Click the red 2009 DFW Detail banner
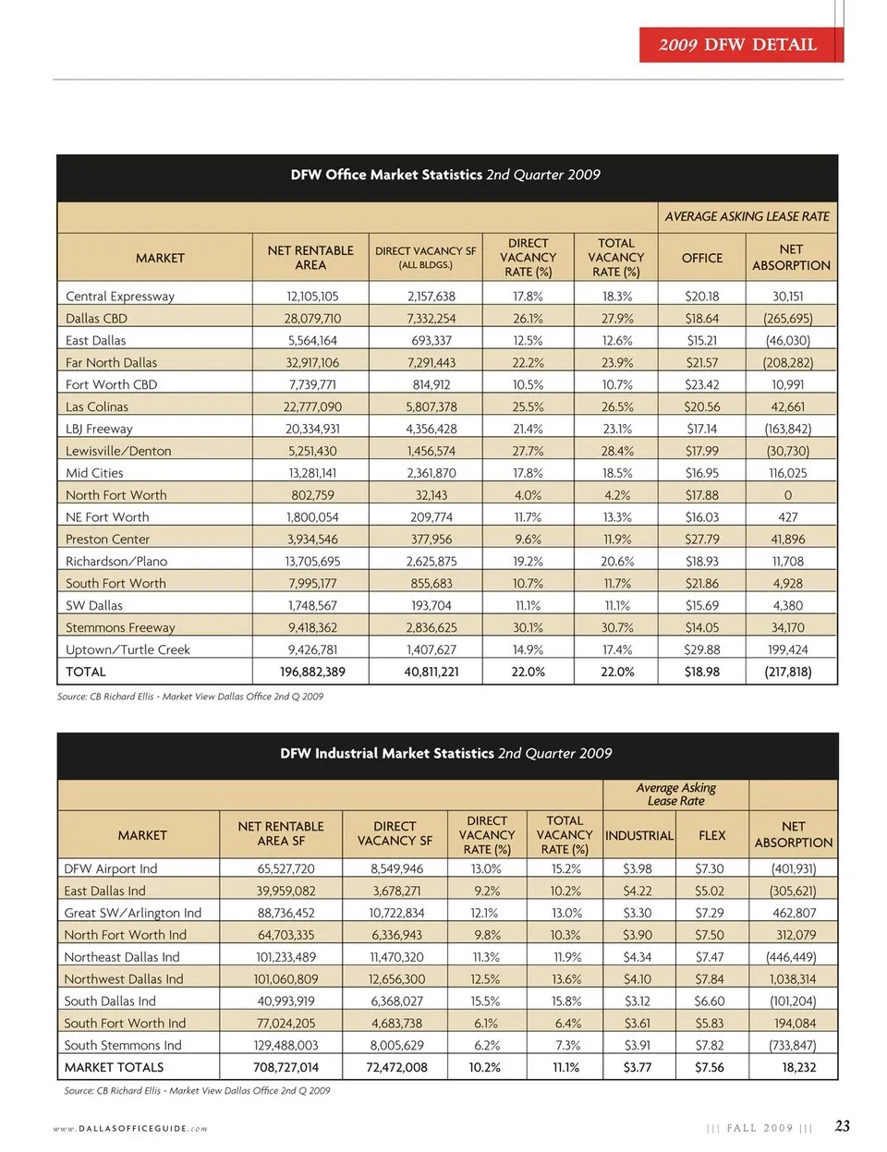pos(740,44)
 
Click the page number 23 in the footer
pos(842,1125)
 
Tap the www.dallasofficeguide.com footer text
pos(130,1128)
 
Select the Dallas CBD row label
pos(97,318)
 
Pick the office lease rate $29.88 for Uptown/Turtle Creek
pos(702,649)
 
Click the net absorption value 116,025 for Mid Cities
pos(787,473)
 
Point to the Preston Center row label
pos(107,539)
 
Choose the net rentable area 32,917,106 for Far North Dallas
pos(312,362)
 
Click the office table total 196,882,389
pos(312,672)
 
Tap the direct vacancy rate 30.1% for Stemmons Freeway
pos(528,627)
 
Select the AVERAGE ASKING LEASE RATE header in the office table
pos(747,216)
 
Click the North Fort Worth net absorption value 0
pos(788,495)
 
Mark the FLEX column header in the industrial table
pos(711,835)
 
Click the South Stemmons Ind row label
pos(123,1045)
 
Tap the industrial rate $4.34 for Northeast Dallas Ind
pos(638,957)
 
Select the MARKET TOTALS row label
pos(114,1067)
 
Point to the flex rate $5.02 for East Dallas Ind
pos(710,891)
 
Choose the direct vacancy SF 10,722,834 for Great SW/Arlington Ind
pos(396,913)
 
